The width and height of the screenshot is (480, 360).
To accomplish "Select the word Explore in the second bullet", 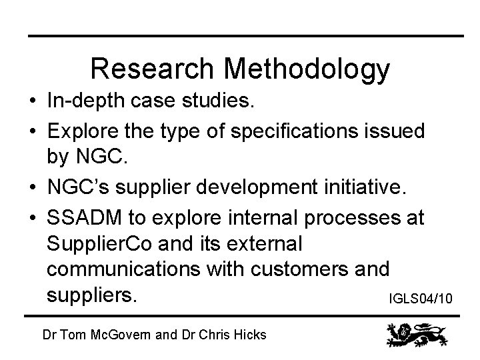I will point(84,131).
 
